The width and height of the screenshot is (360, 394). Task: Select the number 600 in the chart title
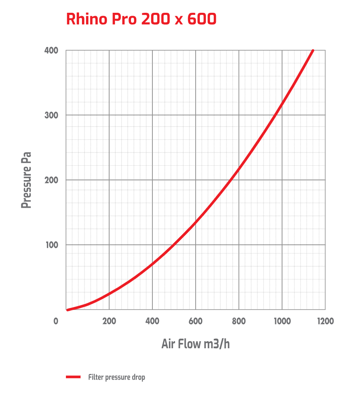coord(201,19)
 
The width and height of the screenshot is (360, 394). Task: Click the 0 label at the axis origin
coord(56,321)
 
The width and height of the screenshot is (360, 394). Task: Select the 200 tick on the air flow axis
coord(109,321)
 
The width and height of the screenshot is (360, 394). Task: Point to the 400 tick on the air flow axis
coord(152,321)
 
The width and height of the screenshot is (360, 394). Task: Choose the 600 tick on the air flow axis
coord(196,321)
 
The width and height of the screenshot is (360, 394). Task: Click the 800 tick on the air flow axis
coord(239,321)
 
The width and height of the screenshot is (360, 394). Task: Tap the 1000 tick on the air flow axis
coord(282,321)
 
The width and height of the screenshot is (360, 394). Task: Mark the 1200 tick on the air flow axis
coord(325,321)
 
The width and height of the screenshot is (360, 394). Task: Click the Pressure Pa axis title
coord(27,180)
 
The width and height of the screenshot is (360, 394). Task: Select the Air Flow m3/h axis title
coord(196,344)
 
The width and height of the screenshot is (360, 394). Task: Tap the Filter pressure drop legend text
coord(117,377)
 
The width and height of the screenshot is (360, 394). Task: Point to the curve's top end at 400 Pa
coord(313,51)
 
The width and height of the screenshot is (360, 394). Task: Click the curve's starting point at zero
coord(67,310)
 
